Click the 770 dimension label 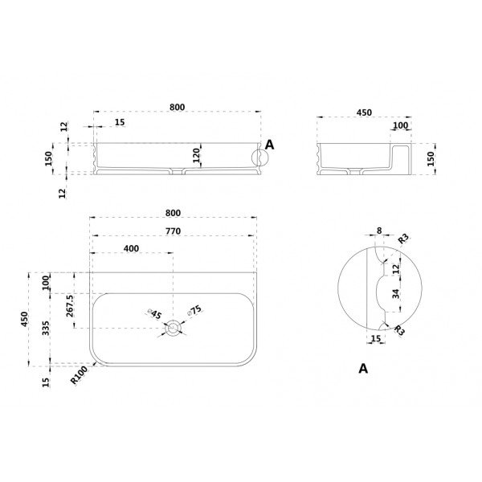[x=173, y=231]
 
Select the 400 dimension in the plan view [x=131, y=248]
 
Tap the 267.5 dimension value [x=70, y=306]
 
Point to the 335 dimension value [x=46, y=328]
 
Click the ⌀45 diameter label [x=154, y=314]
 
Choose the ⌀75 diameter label [x=194, y=310]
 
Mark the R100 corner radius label [x=79, y=376]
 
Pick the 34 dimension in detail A [x=396, y=294]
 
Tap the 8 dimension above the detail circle [x=379, y=231]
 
